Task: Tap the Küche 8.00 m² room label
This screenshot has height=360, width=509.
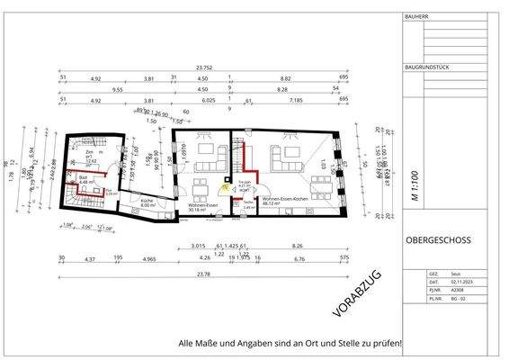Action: [x=148, y=204]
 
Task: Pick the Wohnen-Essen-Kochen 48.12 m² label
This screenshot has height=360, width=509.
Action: [x=284, y=201]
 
